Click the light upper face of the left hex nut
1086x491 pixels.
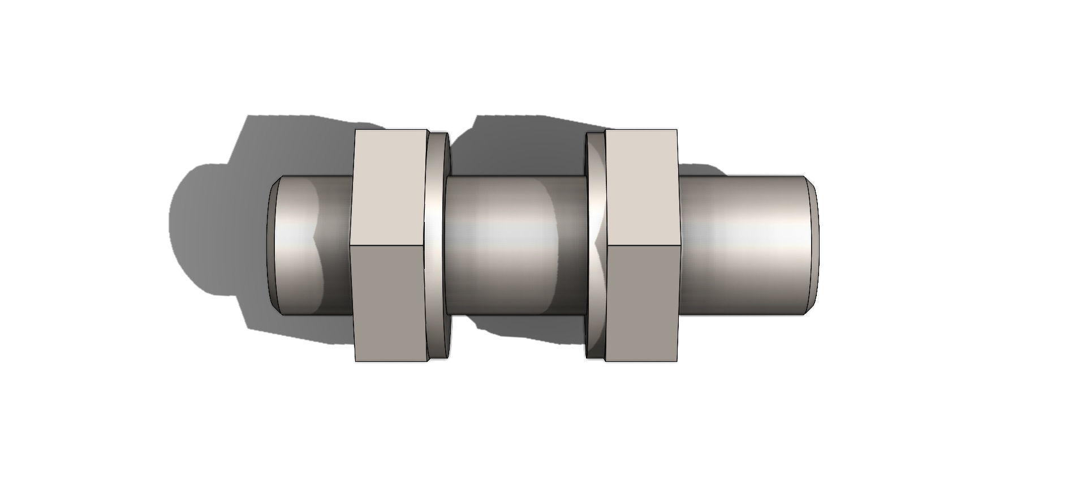pyautogui.click(x=389, y=187)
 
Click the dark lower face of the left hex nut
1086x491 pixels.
pyautogui.click(x=389, y=303)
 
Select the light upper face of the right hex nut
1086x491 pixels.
pyautogui.click(x=642, y=187)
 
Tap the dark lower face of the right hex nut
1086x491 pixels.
pyautogui.click(x=642, y=303)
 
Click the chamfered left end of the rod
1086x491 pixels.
pyautogui.click(x=273, y=245)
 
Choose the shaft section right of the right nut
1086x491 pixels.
pyautogui.click(x=741, y=245)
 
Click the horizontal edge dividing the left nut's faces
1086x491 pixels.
pyautogui.click(x=389, y=245)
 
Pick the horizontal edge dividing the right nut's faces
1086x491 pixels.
pyautogui.click(x=642, y=245)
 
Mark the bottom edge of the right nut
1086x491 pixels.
pyautogui.click(x=642, y=361)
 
